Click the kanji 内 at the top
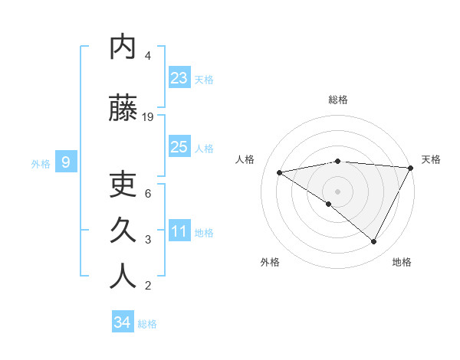(123, 47)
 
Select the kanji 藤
(123, 109)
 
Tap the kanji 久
(123, 231)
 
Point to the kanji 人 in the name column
(123, 277)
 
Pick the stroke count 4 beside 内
(148, 56)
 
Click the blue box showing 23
(179, 77)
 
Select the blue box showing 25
(179, 146)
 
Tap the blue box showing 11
(179, 231)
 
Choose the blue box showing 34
(123, 322)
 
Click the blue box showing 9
(66, 162)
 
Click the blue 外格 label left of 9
(41, 163)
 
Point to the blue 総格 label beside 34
(147, 324)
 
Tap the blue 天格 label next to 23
(204, 79)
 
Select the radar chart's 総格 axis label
(337, 100)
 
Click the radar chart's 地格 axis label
(402, 262)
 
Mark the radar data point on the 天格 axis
(411, 168)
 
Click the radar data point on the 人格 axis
(280, 172)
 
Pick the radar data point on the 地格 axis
(374, 241)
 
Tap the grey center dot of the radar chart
(337, 191)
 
